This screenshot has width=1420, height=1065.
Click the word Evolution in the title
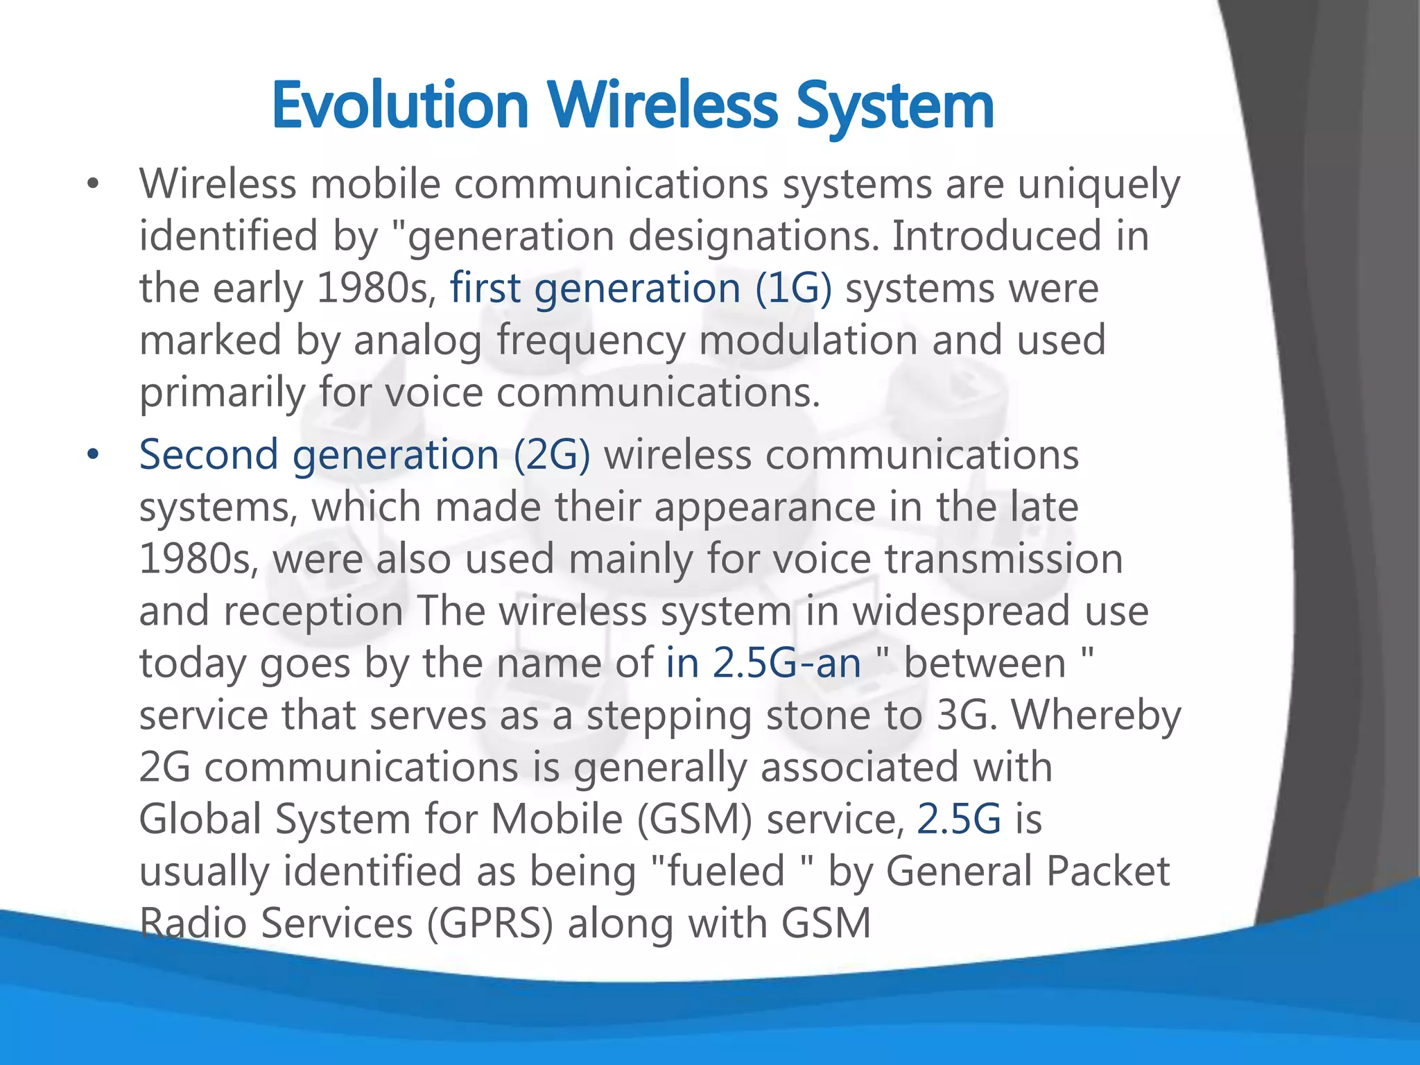coord(400,105)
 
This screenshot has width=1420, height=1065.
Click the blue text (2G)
coord(552,456)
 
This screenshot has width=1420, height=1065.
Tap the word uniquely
coord(1098,185)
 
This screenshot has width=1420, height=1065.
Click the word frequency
coord(591,341)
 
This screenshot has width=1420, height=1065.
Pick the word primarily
coord(222,393)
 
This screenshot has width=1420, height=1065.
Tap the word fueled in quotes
coord(725,872)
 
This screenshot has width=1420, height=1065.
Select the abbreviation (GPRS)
coord(490,924)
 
